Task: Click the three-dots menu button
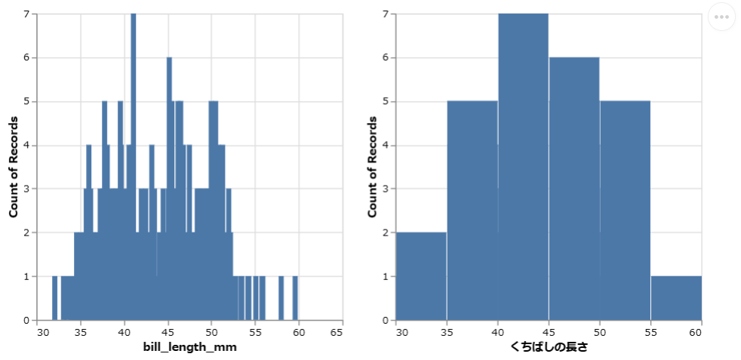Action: click(x=721, y=17)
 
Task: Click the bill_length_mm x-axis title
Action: click(x=190, y=347)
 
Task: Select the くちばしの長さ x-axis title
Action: click(x=549, y=347)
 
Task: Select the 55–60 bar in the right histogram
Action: click(x=676, y=298)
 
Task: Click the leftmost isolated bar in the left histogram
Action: click(x=54, y=298)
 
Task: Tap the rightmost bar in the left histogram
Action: click(x=295, y=298)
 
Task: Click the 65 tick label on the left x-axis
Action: click(x=341, y=331)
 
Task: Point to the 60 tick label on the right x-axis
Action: click(x=701, y=331)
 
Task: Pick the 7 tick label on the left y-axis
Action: click(x=26, y=14)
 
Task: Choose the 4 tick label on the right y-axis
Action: click(x=385, y=146)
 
